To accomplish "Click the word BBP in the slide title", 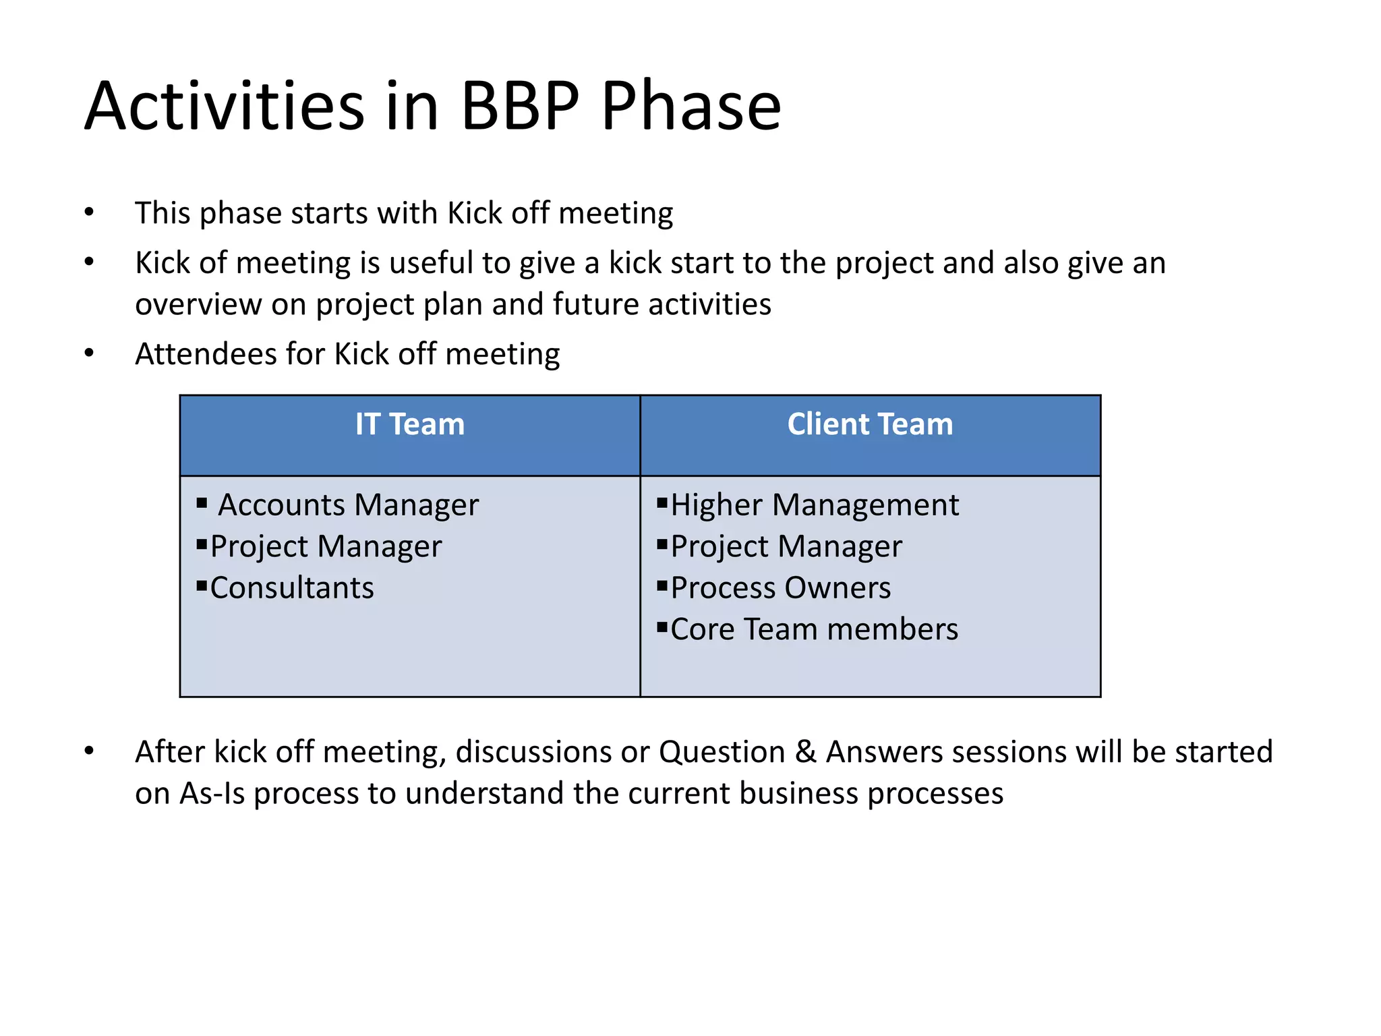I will click(x=519, y=107).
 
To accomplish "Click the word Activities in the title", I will click(x=225, y=107).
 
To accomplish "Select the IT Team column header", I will click(x=410, y=425).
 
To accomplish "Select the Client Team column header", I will click(x=870, y=425).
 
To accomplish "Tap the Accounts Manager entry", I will click(x=348, y=505).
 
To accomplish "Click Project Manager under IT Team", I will click(x=326, y=547).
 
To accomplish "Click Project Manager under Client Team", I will click(x=786, y=547).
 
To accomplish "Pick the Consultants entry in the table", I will click(x=292, y=588).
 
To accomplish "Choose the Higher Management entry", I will click(x=815, y=505).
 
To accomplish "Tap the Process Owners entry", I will click(x=781, y=588).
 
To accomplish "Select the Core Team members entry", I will click(x=814, y=629).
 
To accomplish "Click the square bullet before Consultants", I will click(x=202, y=585).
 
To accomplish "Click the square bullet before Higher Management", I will click(x=662, y=502).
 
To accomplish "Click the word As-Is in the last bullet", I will click(x=212, y=794).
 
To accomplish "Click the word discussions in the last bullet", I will click(x=533, y=752).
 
